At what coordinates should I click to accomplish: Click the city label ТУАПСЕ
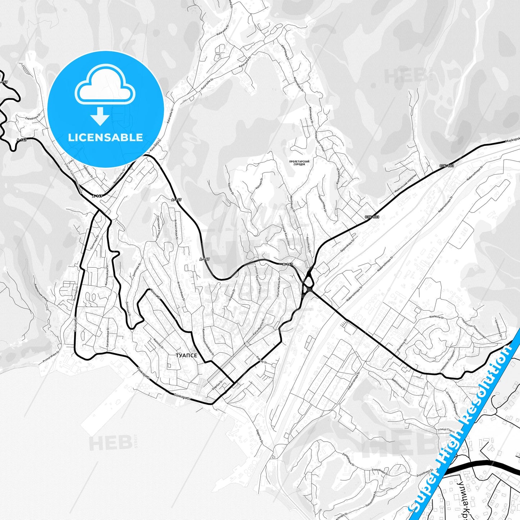186,356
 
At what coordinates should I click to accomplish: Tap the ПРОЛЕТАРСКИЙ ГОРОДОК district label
299,163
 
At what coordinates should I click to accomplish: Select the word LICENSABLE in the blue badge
105,137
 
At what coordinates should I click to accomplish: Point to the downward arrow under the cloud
100,116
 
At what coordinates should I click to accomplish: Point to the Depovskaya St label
348,245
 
